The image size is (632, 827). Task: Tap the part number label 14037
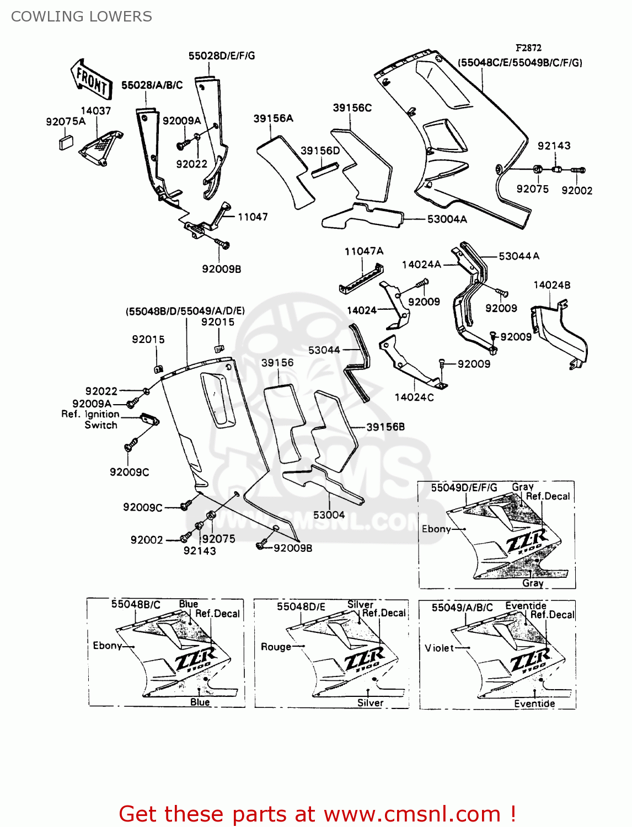coord(96,111)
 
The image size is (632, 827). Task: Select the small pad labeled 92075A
coord(66,142)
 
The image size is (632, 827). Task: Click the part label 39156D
coord(320,151)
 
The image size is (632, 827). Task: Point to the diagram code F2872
coord(528,48)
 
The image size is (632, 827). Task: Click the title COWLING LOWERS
coord(82,17)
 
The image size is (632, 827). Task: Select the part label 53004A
coord(447,219)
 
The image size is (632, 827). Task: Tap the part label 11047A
coord(364,251)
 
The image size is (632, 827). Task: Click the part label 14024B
coord(551,285)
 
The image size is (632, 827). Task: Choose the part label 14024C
coord(414,397)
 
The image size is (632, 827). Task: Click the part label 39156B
coord(385,427)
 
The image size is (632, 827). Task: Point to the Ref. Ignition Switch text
coord(91,420)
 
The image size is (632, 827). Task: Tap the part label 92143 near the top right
coord(554,146)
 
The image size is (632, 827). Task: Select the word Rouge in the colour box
coord(276,647)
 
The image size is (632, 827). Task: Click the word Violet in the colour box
coord(439,648)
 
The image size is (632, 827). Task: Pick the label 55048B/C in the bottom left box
coord(136,604)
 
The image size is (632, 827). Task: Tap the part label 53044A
coord(518,256)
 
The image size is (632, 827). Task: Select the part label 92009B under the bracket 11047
coord(221,269)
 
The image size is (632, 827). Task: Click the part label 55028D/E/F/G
coord(222,56)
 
